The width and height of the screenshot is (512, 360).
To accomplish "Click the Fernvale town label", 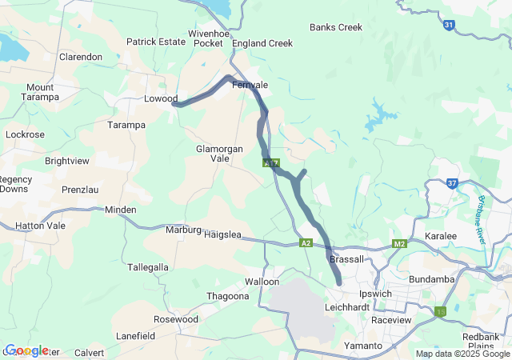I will point(250,85).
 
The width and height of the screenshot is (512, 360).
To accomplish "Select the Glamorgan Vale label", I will point(213,154).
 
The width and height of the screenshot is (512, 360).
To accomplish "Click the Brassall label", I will point(346,259).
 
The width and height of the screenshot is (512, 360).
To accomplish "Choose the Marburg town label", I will point(182,230).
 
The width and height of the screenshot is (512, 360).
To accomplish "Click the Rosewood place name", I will point(175,319).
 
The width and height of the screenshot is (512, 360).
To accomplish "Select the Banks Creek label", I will point(336,27).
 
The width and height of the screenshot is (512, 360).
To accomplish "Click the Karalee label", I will point(441,237).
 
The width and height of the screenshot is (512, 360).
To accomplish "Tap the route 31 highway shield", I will point(449,26).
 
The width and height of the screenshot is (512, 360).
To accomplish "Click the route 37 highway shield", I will point(452,183).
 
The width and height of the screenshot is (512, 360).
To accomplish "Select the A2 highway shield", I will point(306,242).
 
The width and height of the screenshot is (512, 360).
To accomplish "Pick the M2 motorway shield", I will point(400,243).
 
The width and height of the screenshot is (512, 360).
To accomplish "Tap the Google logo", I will point(26,350).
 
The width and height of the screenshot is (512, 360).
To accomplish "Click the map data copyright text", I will point(462,354).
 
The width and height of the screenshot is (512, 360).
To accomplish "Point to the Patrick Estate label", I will point(156,42).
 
